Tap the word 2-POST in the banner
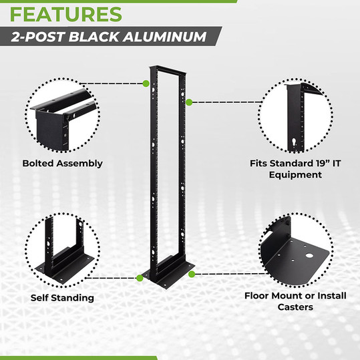point(42,37)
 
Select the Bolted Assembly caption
point(62,163)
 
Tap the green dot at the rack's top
point(146,83)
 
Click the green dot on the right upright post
point(190,102)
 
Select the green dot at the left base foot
point(138,277)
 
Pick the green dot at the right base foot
point(192,274)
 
